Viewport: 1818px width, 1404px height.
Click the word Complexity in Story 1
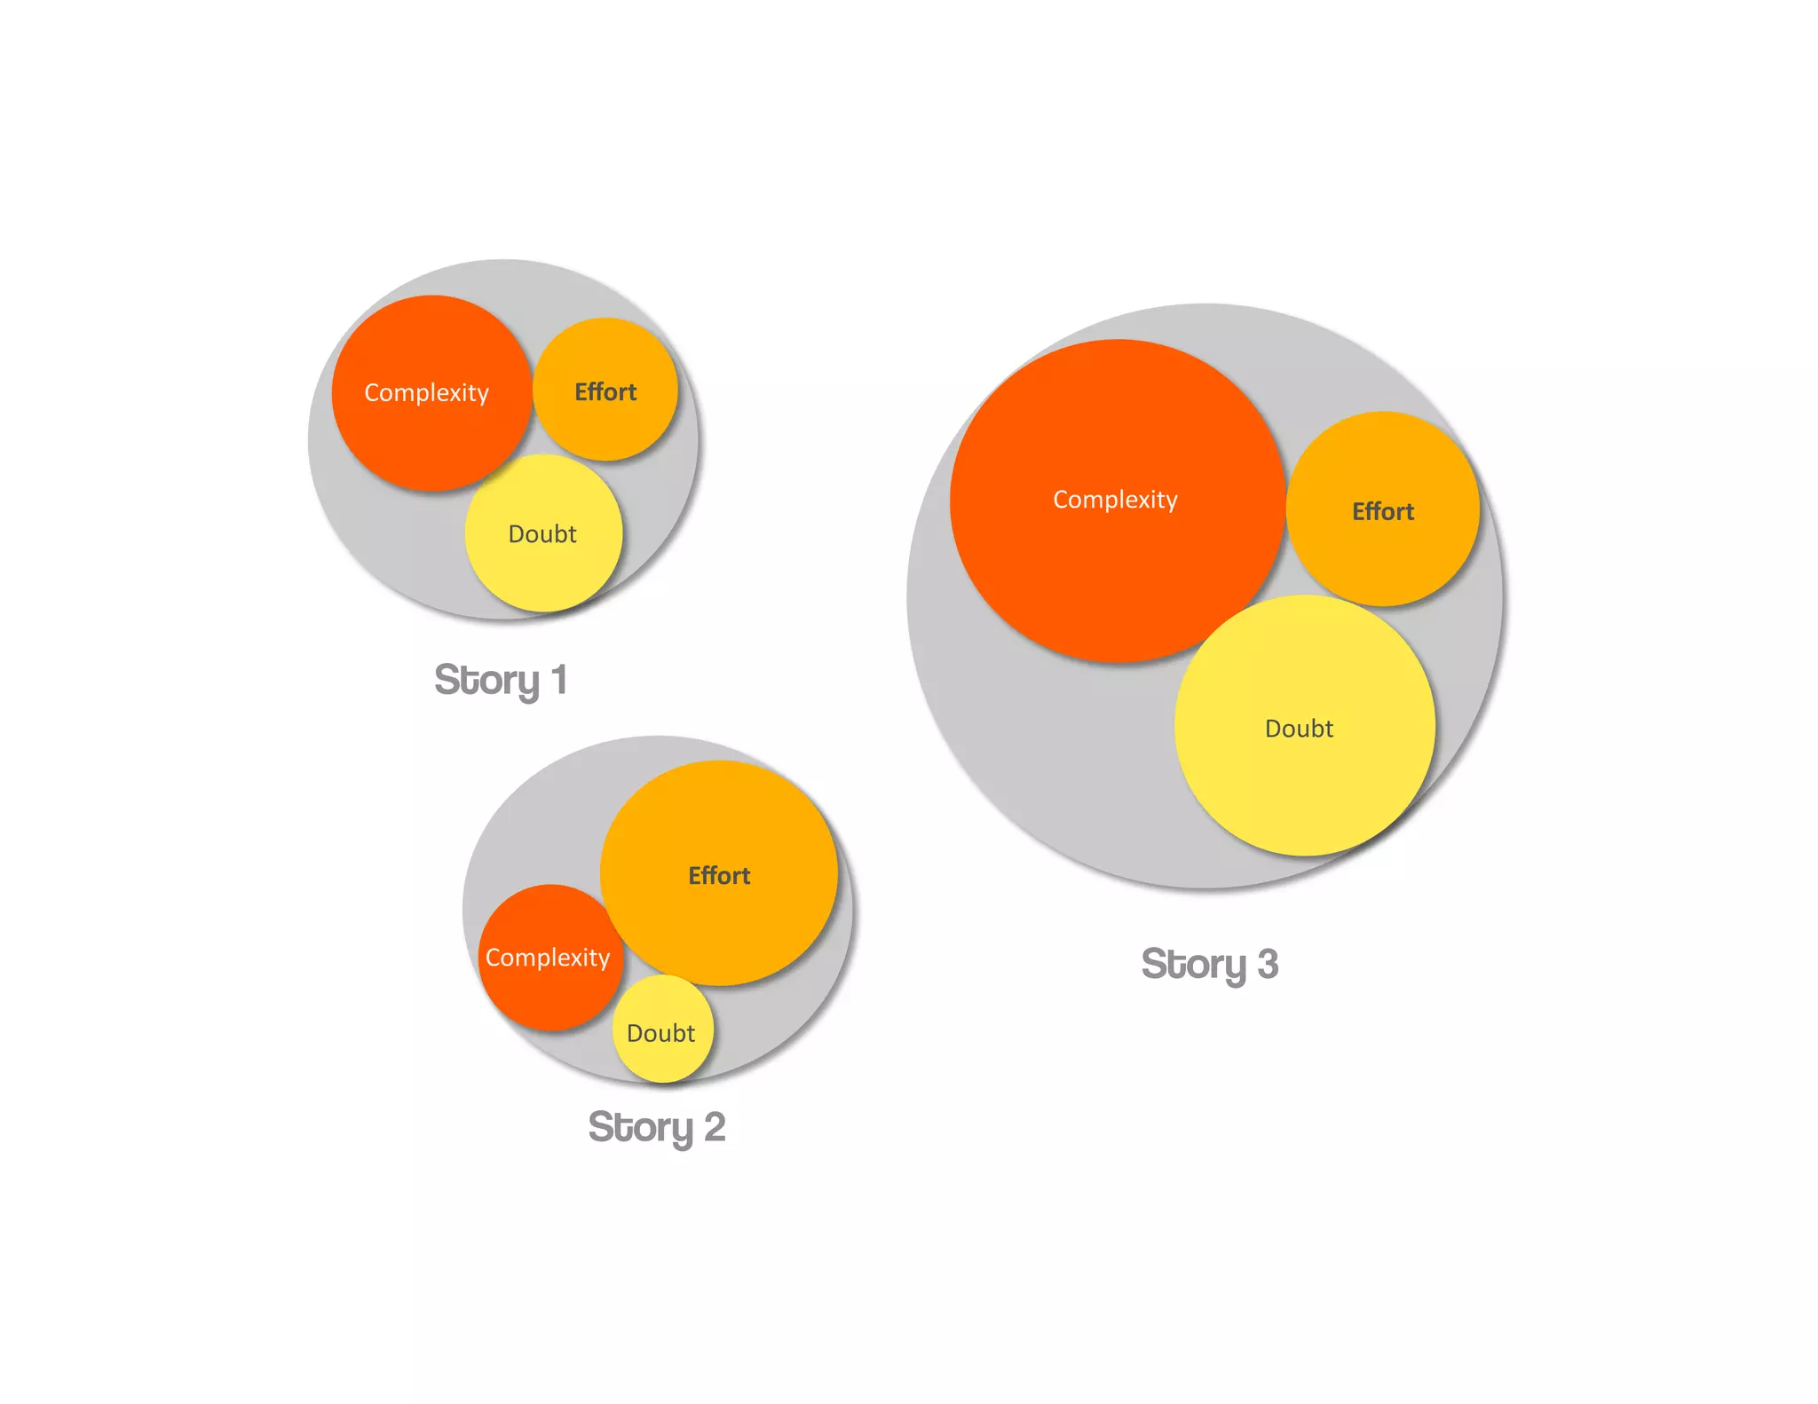[426, 392]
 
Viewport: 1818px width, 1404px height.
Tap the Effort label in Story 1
[605, 391]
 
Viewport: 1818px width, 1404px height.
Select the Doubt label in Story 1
[542, 533]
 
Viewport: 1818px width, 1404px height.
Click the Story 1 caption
[501, 680]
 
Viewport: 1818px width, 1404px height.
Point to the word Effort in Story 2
[719, 875]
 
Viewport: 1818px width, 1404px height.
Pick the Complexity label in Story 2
[548, 957]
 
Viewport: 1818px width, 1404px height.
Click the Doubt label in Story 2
[661, 1033]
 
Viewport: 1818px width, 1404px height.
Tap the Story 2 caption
[657, 1127]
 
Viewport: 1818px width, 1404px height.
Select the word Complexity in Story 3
[1115, 500]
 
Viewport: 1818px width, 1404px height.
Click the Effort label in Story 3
[1383, 511]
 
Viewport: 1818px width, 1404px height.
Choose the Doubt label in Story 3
[1299, 729]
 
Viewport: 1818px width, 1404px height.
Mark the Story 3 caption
[1209, 964]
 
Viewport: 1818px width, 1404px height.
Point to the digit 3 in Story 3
[1268, 964]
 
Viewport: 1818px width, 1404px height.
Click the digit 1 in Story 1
[559, 680]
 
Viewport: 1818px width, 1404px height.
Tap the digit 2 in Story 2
[715, 1127]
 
